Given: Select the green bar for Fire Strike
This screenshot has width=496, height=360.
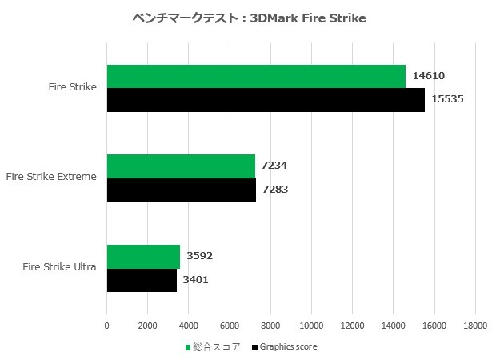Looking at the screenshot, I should [256, 76].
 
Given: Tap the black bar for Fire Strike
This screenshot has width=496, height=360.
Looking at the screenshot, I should [266, 99].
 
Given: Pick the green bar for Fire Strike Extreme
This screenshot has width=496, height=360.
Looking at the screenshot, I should [181, 166].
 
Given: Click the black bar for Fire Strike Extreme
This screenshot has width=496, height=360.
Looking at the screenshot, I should [182, 189].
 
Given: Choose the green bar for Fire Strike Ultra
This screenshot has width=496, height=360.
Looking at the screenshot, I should [143, 256].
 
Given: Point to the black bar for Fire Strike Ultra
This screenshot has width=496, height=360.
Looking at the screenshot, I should [142, 280].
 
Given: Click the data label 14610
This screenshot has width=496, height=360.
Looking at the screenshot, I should [428, 76].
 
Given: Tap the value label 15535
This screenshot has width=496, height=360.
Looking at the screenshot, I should [447, 99].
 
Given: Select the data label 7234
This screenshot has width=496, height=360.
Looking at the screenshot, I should [274, 166].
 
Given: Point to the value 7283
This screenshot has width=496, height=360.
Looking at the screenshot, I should [275, 190].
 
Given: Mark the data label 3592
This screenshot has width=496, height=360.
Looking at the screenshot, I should [199, 256].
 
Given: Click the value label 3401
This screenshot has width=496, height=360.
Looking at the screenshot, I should [196, 280].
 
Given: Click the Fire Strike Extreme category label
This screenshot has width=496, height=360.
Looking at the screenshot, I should [50, 177].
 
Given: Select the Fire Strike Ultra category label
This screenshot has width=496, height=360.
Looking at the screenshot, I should [60, 267].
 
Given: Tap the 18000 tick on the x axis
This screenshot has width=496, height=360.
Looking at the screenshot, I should [475, 325].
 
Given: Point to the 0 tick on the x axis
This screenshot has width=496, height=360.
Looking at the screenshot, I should [107, 325].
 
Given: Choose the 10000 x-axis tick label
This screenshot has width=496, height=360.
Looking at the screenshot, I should [311, 325].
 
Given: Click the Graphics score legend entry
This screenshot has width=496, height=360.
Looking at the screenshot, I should [284, 347].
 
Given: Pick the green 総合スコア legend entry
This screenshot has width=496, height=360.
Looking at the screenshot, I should [213, 347].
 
